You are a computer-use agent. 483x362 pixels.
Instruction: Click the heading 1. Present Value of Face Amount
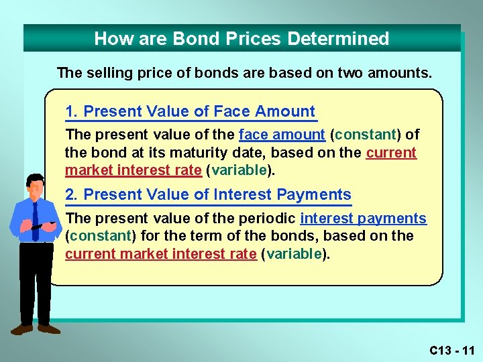click(190, 112)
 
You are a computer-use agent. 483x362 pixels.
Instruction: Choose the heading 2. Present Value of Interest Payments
click(208, 195)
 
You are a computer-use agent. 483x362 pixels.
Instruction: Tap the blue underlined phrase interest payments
click(363, 219)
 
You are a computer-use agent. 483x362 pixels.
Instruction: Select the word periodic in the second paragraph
click(270, 219)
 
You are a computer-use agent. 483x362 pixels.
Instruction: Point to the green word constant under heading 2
click(101, 236)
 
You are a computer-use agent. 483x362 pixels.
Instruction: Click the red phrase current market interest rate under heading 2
click(160, 253)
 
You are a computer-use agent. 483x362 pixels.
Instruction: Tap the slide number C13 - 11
click(452, 350)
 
